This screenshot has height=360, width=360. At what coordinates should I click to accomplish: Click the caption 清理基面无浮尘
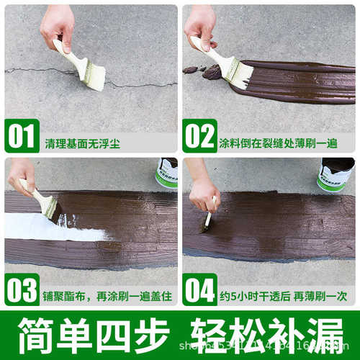pos(83,143)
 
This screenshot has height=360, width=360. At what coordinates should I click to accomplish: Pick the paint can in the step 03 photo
pos(166,173)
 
